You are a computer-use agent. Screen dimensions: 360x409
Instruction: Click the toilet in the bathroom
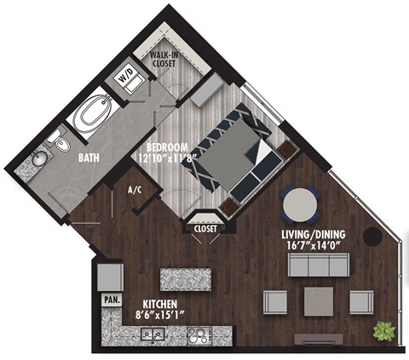(60, 143)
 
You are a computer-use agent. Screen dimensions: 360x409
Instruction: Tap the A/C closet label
(135, 191)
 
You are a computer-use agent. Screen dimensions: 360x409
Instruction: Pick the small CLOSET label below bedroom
(205, 228)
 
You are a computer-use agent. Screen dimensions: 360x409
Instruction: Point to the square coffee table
(319, 300)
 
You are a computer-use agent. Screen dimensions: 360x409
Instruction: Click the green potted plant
(383, 329)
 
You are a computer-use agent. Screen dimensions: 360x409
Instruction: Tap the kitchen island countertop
(185, 279)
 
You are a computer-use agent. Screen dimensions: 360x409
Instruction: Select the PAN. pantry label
(110, 300)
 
